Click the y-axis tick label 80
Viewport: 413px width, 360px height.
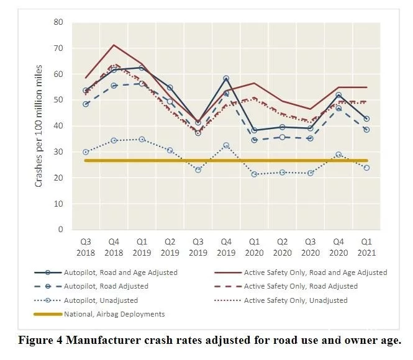(x=58, y=22)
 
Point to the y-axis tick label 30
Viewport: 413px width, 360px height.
(x=58, y=151)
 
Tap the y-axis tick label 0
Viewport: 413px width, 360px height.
(x=60, y=229)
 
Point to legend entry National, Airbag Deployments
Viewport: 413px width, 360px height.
(x=114, y=314)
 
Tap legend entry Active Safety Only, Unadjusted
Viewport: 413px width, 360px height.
(x=296, y=300)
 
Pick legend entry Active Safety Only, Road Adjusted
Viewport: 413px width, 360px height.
(x=301, y=287)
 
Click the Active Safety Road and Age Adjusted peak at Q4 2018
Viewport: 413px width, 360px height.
(x=114, y=45)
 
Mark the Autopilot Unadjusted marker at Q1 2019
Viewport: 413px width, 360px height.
(x=142, y=139)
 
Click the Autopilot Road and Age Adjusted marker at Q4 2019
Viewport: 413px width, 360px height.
(x=226, y=78)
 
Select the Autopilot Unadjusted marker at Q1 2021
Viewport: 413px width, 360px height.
(x=367, y=168)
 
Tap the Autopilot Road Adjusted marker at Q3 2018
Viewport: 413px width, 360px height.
(x=86, y=104)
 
